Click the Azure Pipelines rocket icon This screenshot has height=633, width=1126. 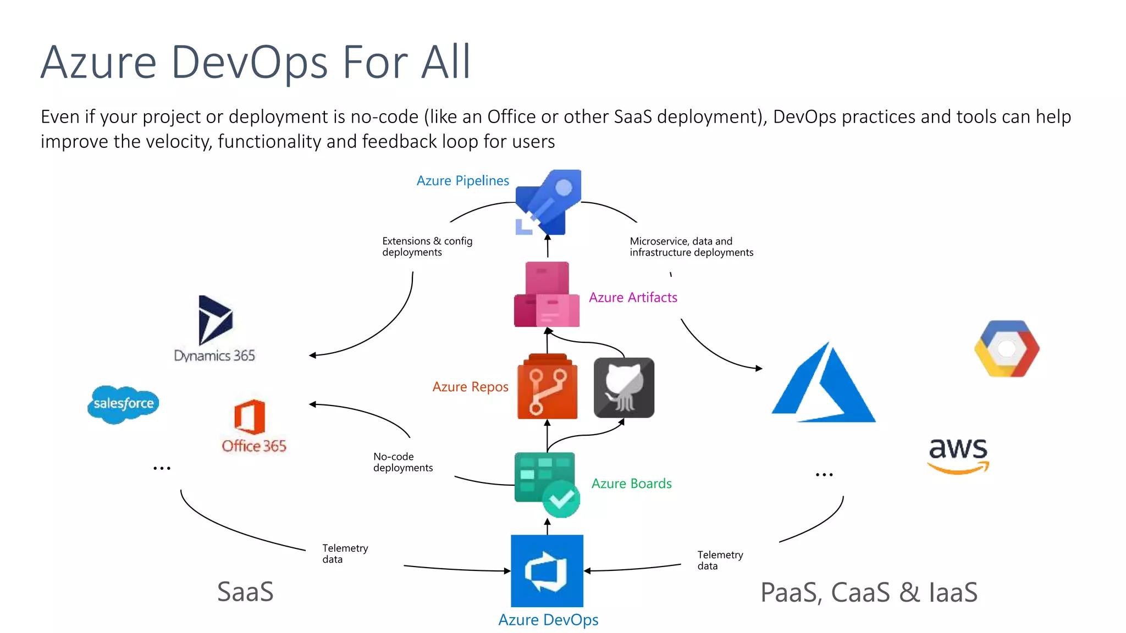point(548,202)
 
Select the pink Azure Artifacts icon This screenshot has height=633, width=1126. point(547,295)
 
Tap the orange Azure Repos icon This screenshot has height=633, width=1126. point(547,387)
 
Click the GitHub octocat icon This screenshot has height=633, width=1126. point(624,388)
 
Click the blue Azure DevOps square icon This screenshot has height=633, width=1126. point(547,570)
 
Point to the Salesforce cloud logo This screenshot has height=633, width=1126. point(123,404)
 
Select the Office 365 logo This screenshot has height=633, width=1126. point(253,426)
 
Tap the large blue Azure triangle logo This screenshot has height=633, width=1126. point(824,385)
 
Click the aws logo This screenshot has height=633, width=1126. point(958,455)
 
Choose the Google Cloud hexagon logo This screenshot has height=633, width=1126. point(1007,349)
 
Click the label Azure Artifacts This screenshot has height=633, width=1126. point(633,297)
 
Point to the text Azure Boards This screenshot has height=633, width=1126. point(631,484)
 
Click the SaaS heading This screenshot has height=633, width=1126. point(245,592)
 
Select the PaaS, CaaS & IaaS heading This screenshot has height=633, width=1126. point(869,592)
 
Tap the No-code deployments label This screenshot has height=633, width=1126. point(402,462)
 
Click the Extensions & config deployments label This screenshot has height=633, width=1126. point(427,247)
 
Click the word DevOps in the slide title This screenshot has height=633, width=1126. point(249,62)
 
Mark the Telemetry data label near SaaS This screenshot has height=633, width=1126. point(345,553)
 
